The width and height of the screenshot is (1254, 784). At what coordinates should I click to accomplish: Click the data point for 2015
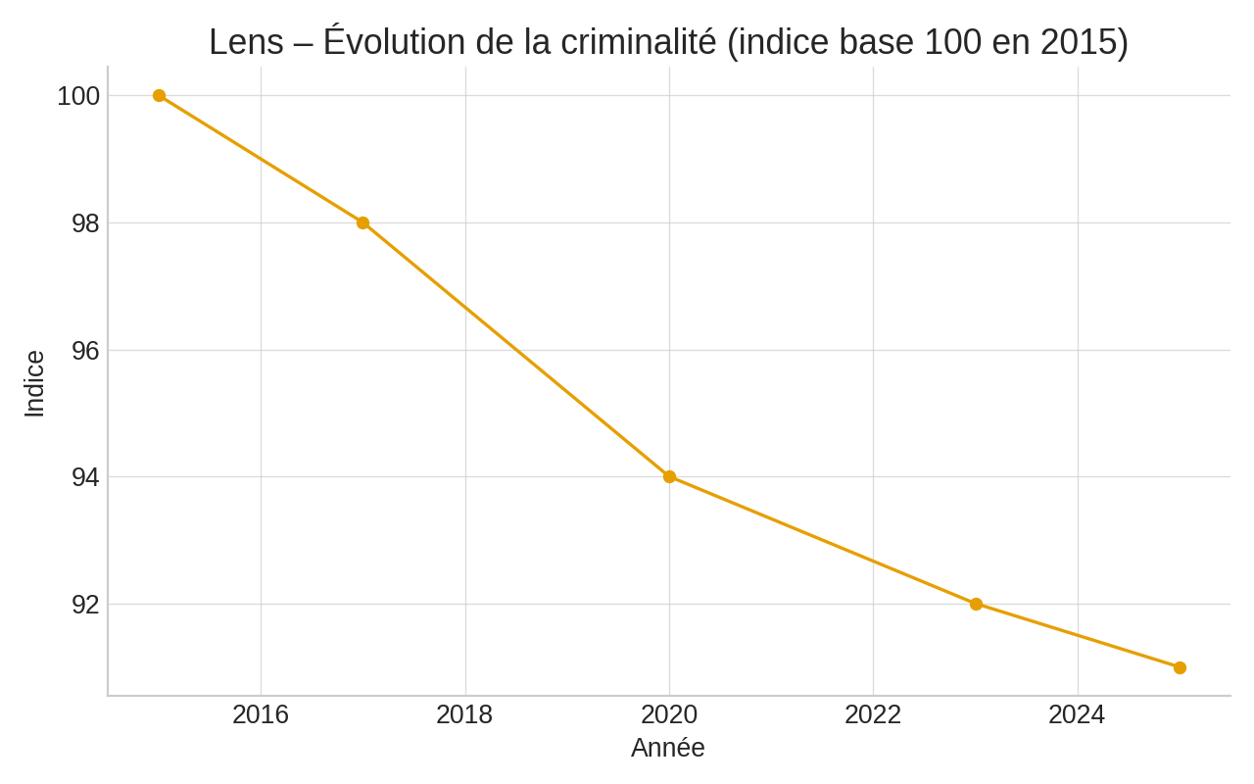tap(159, 96)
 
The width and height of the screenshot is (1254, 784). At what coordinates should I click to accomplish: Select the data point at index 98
tap(362, 223)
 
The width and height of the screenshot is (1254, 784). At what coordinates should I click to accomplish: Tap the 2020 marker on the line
tap(669, 477)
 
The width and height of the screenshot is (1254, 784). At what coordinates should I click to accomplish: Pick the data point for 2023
tap(976, 605)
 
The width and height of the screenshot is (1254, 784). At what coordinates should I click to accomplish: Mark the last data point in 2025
tap(1180, 668)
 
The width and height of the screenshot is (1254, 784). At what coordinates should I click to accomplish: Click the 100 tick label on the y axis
tap(78, 96)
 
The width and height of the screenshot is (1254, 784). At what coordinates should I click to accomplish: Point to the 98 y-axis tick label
tap(85, 223)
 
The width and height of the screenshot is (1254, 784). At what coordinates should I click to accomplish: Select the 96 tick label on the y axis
tap(85, 351)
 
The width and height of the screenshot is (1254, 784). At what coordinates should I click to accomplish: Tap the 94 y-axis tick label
tap(85, 477)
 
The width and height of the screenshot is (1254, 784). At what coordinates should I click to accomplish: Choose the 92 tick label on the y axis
tap(85, 605)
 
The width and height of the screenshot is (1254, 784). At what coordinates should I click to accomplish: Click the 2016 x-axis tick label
tap(261, 715)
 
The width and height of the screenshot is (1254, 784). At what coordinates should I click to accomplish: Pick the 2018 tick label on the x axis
tap(464, 715)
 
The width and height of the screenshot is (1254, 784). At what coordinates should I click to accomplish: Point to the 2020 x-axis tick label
tap(669, 715)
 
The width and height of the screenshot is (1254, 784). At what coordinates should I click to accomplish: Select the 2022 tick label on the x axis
tap(873, 715)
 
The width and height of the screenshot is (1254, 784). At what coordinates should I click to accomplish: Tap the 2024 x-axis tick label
tap(1077, 715)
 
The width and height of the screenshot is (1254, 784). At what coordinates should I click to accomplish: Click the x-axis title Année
tap(668, 748)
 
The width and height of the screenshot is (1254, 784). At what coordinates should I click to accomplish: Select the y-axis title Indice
tap(34, 384)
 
